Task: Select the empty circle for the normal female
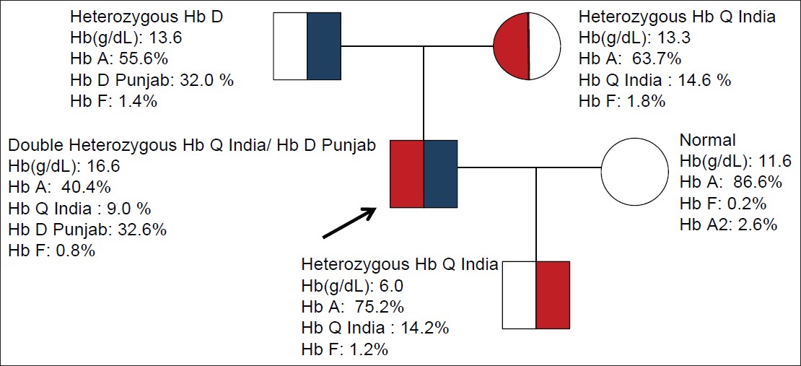pos(636,173)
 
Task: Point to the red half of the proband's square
pos(407,174)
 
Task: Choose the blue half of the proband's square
pos(440,174)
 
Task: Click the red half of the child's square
pos(553,295)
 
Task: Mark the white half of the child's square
pos(520,295)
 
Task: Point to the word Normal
pos(708,140)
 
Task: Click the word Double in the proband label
pos(31,146)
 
